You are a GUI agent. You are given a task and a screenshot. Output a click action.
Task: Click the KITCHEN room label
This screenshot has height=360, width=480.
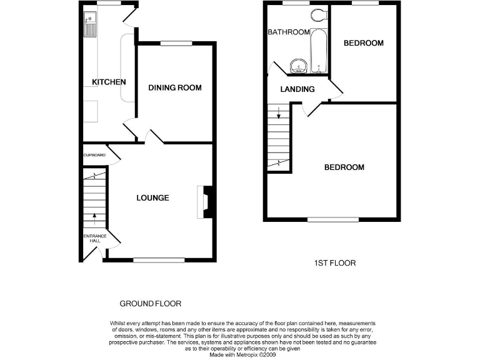[x=109, y=82]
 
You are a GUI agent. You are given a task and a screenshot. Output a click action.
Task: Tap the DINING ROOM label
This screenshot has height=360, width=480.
[x=175, y=87]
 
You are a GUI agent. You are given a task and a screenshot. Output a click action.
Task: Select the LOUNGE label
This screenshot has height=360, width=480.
[x=153, y=197]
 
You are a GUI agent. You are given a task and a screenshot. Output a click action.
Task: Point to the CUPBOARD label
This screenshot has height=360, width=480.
[x=94, y=155]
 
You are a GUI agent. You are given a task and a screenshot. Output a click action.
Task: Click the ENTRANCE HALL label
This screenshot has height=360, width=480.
[x=92, y=238]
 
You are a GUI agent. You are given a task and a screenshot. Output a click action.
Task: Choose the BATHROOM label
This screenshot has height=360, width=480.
[x=289, y=32]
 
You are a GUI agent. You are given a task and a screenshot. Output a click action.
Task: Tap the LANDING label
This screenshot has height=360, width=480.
[x=297, y=89]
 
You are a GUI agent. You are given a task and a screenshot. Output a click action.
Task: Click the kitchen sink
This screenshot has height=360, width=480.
[x=89, y=25]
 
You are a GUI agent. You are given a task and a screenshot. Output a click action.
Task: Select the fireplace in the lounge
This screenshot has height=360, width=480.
[x=206, y=202]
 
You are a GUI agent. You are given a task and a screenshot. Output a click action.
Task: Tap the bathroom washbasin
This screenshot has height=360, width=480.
[x=298, y=64]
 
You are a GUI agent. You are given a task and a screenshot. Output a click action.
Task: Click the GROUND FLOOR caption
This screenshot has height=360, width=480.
[x=150, y=304]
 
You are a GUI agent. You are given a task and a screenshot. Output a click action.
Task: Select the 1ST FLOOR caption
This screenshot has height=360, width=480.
[x=334, y=263]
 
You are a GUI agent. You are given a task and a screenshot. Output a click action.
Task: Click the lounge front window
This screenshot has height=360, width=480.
[x=159, y=259]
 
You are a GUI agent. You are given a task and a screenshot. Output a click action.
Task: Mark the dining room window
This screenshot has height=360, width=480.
[x=176, y=43]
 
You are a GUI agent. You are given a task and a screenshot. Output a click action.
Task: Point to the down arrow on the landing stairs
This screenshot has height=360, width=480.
[x=279, y=114]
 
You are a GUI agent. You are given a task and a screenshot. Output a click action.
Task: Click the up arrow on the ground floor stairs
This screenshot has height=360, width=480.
[x=95, y=218]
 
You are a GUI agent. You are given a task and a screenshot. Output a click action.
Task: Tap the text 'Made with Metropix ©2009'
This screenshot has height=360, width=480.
[x=243, y=354]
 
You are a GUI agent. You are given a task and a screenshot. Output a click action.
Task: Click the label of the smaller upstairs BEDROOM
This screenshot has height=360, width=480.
[x=363, y=43]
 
